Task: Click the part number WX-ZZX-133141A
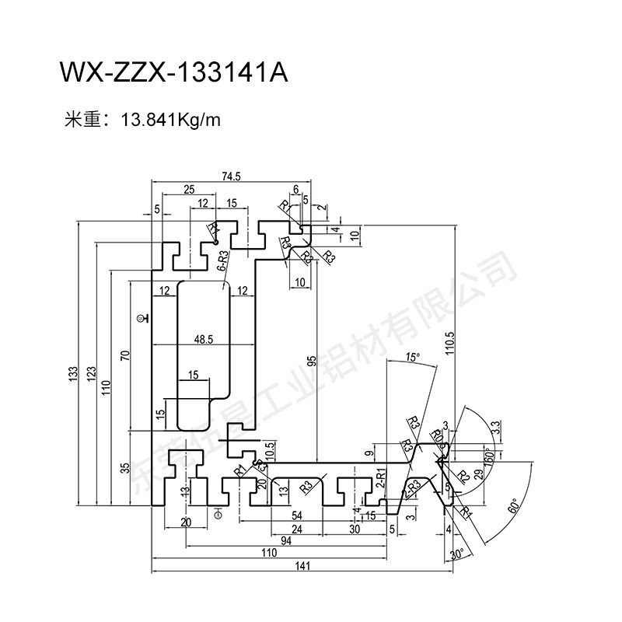point(173,73)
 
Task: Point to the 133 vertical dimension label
point(73,375)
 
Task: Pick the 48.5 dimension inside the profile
point(204,339)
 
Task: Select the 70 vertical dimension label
point(124,356)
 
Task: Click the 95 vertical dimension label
point(311,362)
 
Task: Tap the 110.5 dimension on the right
point(450,342)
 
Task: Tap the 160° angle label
point(488,455)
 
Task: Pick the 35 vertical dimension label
point(124,467)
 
